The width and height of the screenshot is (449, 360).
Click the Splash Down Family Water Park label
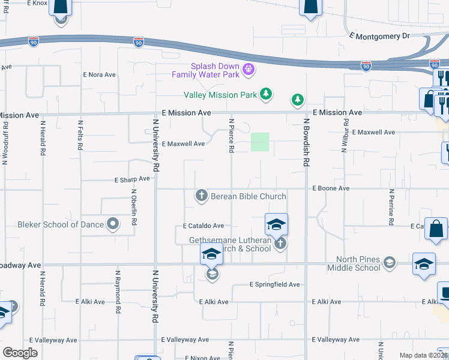tap(206, 70)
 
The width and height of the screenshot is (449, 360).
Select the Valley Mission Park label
tap(220, 94)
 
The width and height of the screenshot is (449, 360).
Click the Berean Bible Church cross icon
tap(201, 196)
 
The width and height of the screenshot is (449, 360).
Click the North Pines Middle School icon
tap(390, 262)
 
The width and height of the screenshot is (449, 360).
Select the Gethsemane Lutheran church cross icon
tap(279, 244)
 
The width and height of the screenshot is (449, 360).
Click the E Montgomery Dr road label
tap(379, 37)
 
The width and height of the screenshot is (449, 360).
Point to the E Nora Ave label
tap(99, 75)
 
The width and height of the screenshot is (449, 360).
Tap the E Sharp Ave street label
tap(132, 179)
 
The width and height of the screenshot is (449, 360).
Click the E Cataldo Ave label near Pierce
tap(203, 226)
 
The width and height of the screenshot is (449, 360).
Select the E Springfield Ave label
tap(274, 284)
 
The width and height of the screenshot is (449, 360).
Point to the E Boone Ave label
tap(331, 188)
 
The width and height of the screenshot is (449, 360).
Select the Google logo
tap(20, 353)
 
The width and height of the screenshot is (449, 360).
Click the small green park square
tap(259, 142)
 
